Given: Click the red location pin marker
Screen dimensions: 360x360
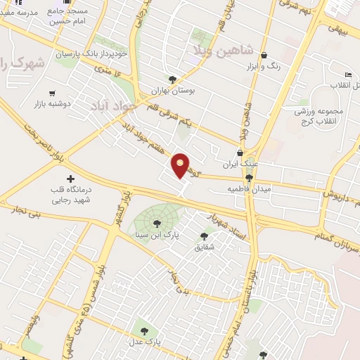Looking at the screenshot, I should click(181, 165).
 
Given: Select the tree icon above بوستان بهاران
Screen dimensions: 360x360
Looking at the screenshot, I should click(174, 79).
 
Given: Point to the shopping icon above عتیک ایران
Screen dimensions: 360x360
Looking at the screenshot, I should click(240, 153).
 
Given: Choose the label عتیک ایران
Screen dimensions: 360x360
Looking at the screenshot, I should click(240, 165).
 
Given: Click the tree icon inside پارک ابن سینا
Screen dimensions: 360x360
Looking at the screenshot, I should click(156, 224).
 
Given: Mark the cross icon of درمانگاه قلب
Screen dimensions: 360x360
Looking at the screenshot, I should click(70, 178).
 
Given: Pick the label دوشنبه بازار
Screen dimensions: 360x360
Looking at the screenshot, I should click(53, 104).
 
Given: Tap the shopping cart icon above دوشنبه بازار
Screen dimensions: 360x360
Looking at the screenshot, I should click(52, 93).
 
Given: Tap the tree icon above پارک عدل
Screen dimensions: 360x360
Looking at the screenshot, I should click(144, 329).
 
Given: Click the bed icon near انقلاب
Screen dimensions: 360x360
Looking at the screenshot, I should click(347, 75).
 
